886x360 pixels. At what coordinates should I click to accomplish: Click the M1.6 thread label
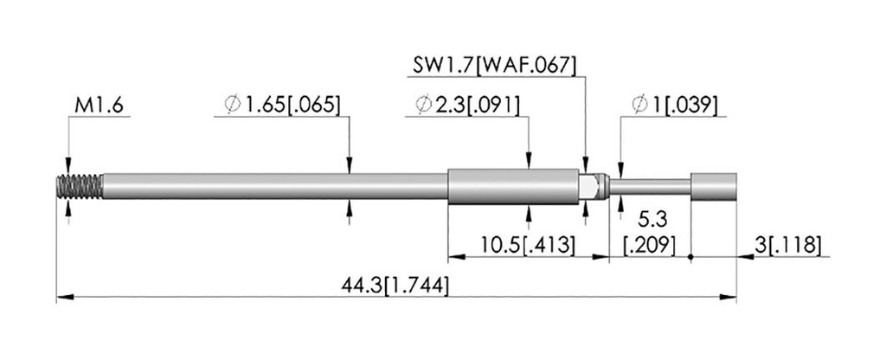[99, 106]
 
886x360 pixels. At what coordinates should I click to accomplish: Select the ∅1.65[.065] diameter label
[283, 105]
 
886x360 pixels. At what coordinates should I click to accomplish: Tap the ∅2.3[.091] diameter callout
[466, 105]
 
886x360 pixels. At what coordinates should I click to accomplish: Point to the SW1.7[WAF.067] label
[494, 66]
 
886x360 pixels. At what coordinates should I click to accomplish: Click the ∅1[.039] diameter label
[675, 105]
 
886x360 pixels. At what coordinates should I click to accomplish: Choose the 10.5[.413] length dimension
[528, 245]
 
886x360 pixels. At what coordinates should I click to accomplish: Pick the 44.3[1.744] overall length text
[395, 286]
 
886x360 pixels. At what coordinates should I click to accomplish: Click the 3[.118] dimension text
[787, 245]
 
